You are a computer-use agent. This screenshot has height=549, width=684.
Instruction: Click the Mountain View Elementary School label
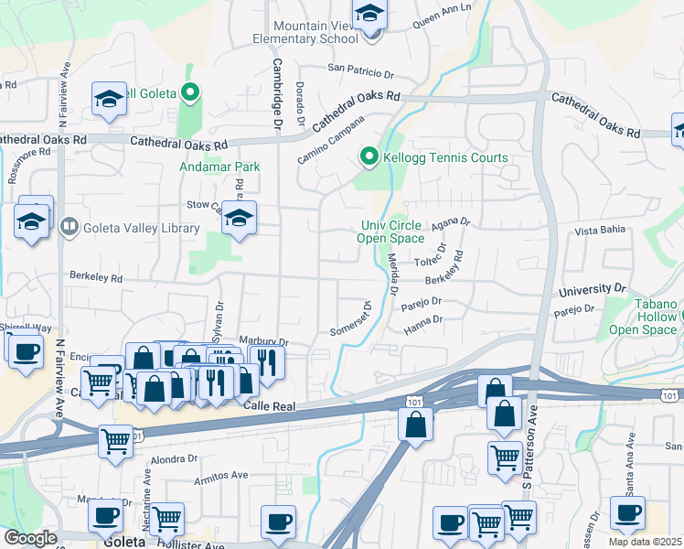pos(307,31)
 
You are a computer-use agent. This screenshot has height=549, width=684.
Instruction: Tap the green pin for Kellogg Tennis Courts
pos(369,157)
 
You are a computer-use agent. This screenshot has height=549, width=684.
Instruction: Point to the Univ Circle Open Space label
pos(393,232)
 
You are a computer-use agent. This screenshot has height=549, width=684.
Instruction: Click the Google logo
pos(29,538)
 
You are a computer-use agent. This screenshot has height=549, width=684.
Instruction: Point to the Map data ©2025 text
pos(645,542)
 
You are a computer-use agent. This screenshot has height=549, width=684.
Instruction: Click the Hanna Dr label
pos(424,320)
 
